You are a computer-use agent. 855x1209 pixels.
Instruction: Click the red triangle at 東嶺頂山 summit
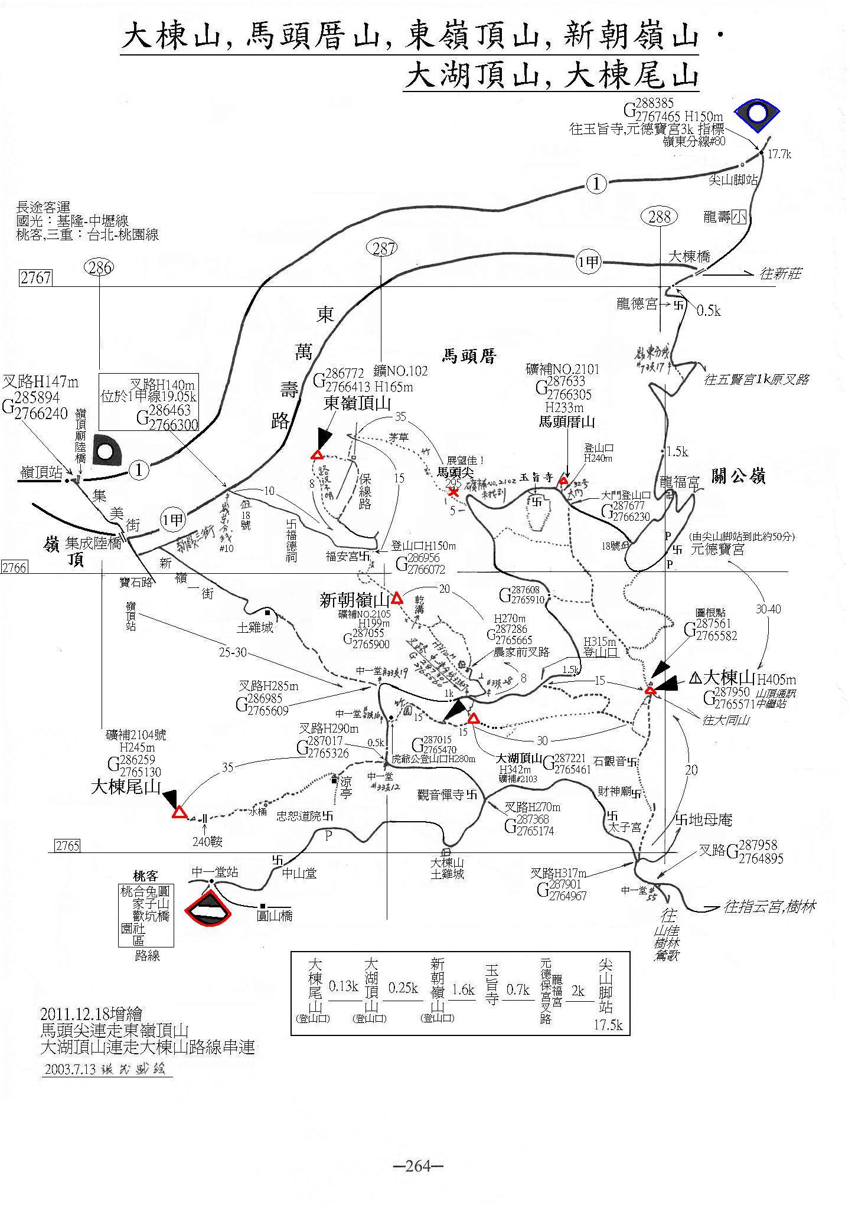(317, 455)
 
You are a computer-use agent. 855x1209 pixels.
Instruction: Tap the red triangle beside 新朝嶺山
(397, 598)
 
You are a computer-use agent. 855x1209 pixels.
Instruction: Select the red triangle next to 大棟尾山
(179, 813)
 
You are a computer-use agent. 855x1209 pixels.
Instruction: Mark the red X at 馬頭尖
(453, 492)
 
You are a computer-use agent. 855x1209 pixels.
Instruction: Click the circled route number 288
(660, 217)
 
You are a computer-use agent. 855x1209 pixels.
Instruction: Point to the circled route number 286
(99, 269)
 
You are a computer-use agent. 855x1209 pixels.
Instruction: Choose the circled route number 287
(383, 249)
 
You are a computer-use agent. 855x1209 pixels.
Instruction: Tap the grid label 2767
(35, 278)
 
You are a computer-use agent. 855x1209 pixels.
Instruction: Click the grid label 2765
(67, 845)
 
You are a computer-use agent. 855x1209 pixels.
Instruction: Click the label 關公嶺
(739, 476)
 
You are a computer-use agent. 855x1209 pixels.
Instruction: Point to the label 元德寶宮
(718, 550)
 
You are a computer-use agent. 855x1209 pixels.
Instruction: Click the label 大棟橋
(689, 257)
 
